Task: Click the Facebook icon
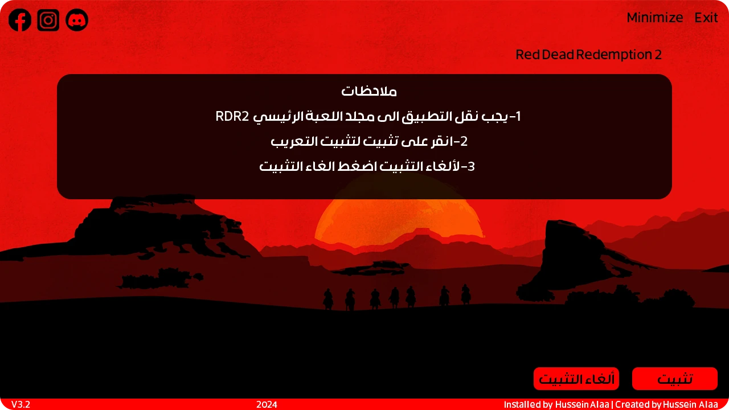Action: point(20,20)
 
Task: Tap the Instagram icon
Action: point(48,20)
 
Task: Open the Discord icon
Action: point(77,20)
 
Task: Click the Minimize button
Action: point(655,18)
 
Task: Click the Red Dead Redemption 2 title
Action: point(589,55)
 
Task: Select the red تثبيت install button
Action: point(675,379)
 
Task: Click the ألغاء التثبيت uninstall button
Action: point(576,379)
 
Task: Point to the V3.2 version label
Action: point(21,404)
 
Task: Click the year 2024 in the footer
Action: point(267,404)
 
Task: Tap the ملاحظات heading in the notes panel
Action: point(369,91)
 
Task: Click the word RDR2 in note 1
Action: point(232,116)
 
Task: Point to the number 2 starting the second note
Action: point(464,141)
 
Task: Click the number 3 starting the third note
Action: point(471,166)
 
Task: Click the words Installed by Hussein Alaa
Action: point(556,404)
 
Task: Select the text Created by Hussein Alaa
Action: point(666,404)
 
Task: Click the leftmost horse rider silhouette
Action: point(328,299)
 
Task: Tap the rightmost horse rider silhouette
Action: point(466,294)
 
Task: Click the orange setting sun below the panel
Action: point(399,222)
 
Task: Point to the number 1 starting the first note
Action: point(517,116)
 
